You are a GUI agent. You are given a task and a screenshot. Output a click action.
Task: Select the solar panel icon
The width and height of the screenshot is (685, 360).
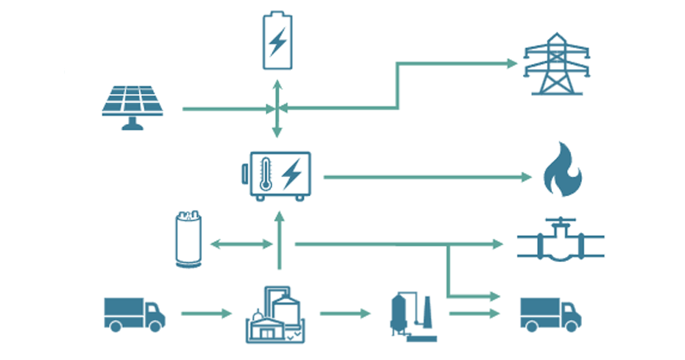[x=130, y=106]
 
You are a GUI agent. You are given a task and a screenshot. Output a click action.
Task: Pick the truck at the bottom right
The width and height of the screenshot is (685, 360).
[x=549, y=313]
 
